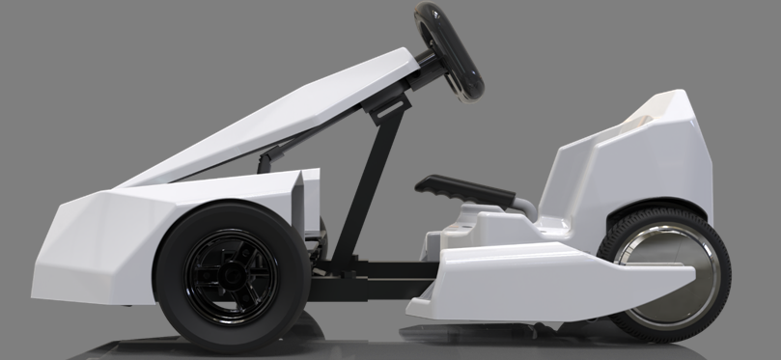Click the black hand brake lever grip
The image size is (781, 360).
[463, 189]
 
